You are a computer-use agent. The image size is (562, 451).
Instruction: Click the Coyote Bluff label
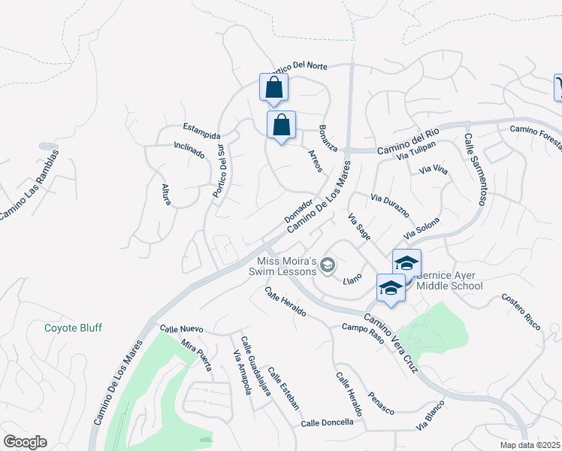tap(73, 328)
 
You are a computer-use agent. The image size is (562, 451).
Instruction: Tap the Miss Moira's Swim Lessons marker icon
tap(327, 265)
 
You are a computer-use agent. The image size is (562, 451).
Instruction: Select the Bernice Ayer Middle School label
tap(449, 280)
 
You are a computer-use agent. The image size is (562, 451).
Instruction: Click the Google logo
tap(26, 441)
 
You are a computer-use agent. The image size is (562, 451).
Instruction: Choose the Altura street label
tap(167, 194)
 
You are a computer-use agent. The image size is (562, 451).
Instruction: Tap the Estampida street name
tap(201, 131)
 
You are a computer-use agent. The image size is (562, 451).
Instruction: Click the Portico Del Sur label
tap(219, 169)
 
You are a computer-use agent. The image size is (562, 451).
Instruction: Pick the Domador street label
tap(298, 210)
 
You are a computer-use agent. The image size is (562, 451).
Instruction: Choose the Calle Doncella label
tap(327, 422)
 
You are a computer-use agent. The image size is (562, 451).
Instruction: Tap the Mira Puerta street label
tap(196, 355)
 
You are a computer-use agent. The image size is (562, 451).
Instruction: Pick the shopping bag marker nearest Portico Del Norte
tap(273, 88)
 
